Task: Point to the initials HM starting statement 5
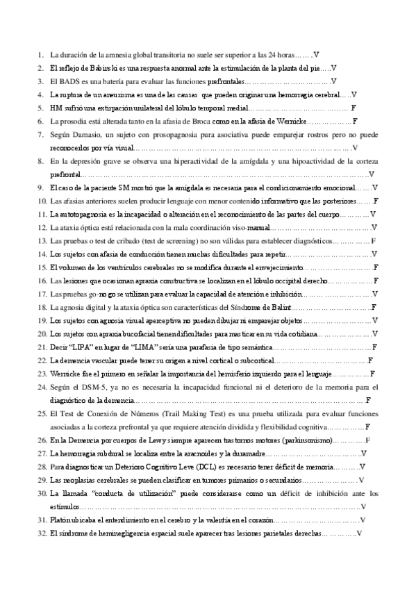point(56,108)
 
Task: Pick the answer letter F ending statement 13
point(374,241)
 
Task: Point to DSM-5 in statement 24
point(92,387)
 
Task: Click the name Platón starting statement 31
point(64,520)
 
